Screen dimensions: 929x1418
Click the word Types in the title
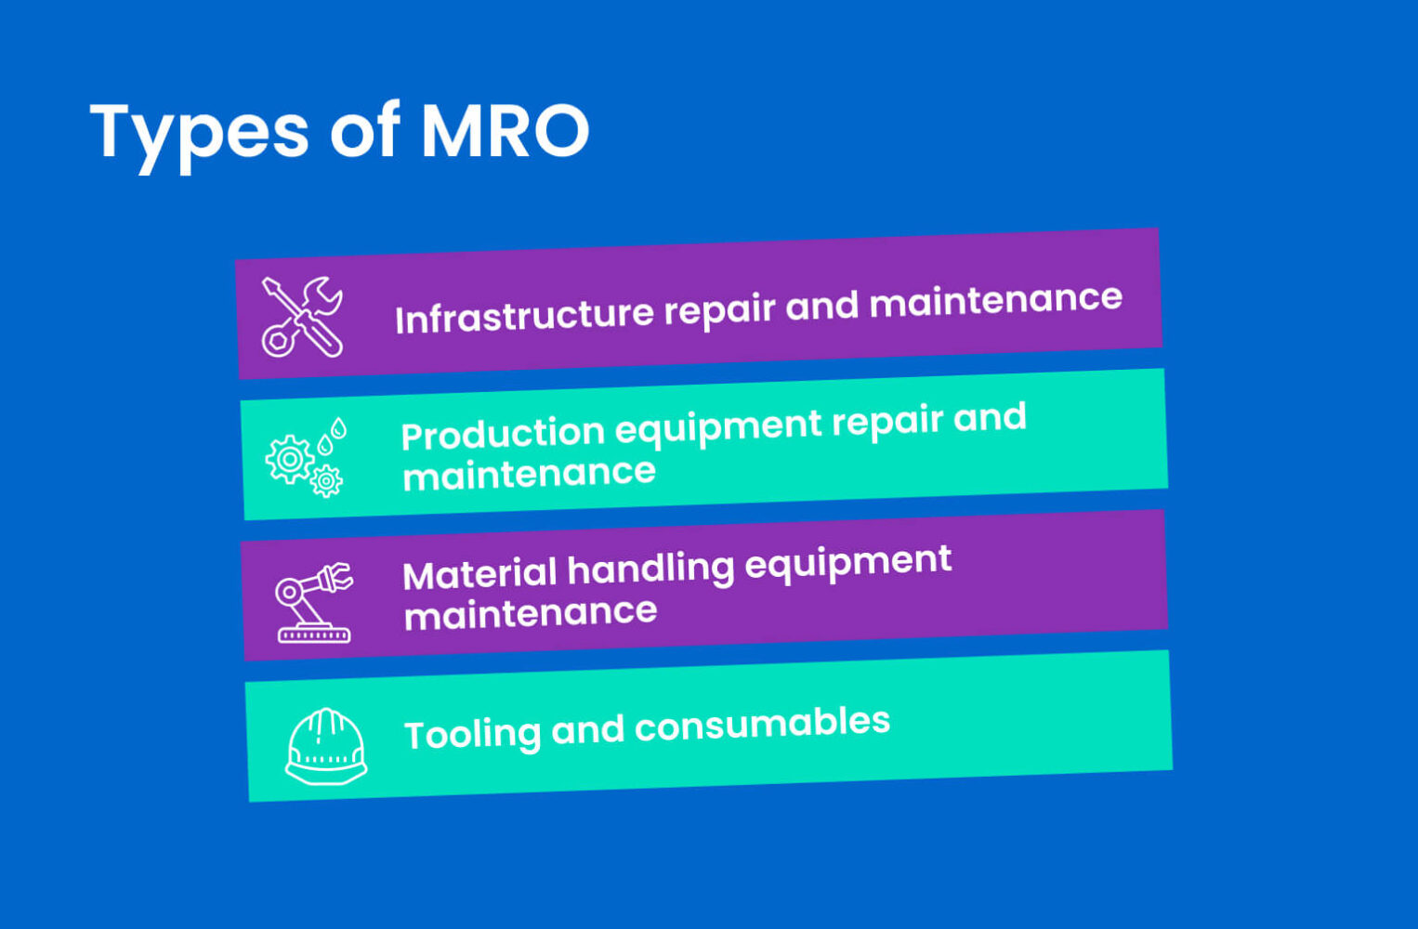coord(199,133)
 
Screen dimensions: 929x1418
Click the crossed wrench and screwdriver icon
coord(302,317)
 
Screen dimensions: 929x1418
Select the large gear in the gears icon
coord(289,459)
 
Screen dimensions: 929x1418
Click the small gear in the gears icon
coord(326,481)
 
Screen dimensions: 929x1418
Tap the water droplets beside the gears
coord(332,436)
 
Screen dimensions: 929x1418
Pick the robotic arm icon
coord(313,602)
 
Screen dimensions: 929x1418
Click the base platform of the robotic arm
coord(314,635)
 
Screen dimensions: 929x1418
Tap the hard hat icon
coord(325,747)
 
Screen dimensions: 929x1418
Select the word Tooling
coord(472,734)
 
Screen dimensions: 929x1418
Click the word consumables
coord(762,725)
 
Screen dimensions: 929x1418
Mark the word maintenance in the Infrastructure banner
coord(995,301)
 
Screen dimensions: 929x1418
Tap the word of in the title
coord(364,131)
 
